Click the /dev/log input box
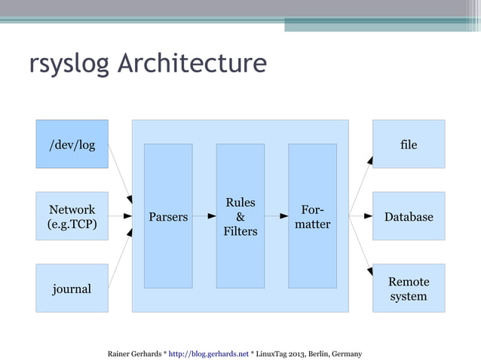pos(72,144)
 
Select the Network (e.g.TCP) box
pos(72,216)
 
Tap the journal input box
pos(72,288)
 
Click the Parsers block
pos(168,216)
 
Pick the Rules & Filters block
pos(240,216)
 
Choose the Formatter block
pos(312,216)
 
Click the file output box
pos(409,144)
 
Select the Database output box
pos(409,216)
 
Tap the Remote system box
pos(409,288)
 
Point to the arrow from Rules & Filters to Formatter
pos(275,216)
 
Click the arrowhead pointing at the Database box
pos(369,216)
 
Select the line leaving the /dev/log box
pos(119,169)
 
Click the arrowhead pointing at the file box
pos(369,160)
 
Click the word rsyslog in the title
pos(69,63)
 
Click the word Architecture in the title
pos(191,63)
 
